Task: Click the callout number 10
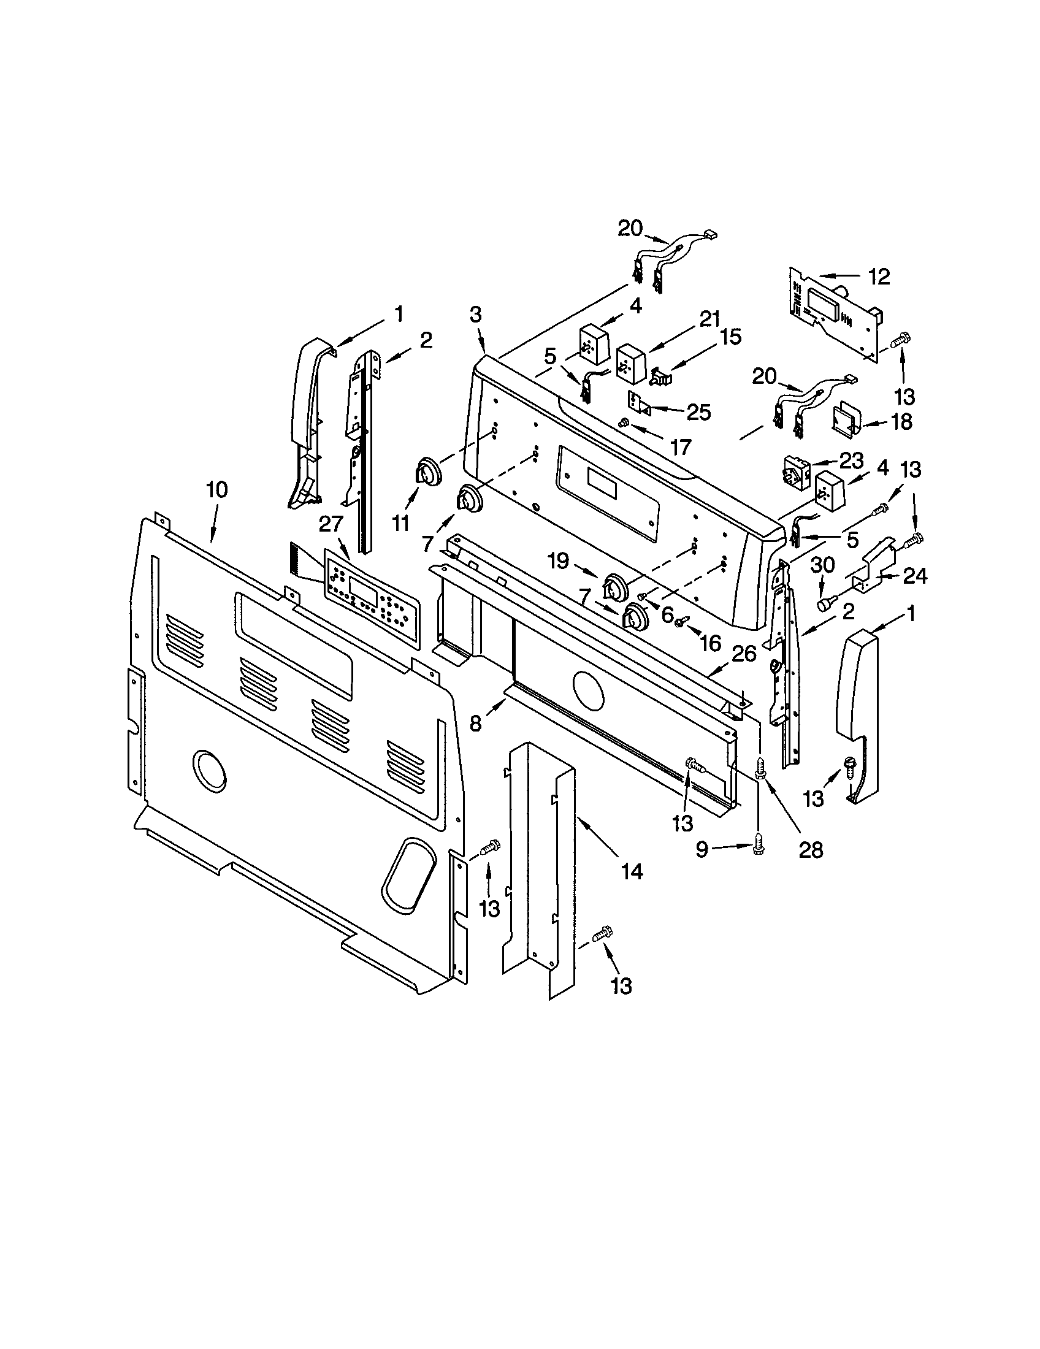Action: [216, 490]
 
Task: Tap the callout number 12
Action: [879, 277]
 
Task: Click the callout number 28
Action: [810, 850]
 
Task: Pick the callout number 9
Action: [702, 850]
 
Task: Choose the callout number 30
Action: [822, 565]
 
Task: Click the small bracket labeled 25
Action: [639, 403]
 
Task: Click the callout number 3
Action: [475, 315]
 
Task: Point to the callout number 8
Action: [475, 723]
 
